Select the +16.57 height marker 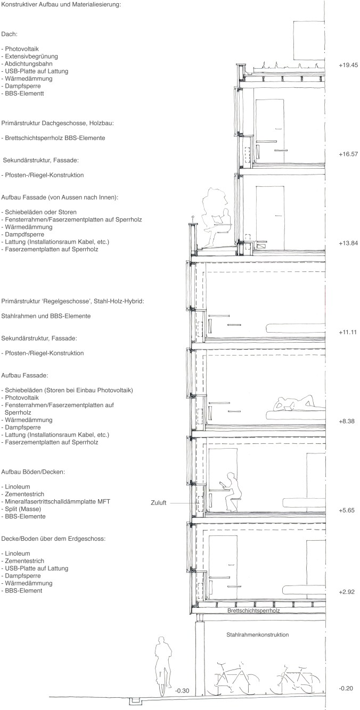point(348,154)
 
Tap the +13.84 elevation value point(348,243)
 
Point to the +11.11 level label point(348,332)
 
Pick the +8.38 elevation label point(348,421)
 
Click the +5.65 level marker point(348,510)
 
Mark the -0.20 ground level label point(347,688)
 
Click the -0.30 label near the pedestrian point(182,691)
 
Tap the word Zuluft point(160,502)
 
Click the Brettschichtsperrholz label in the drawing point(253,611)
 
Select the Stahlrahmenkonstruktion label point(257,635)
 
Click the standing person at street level point(162,666)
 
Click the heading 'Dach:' point(10,34)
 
